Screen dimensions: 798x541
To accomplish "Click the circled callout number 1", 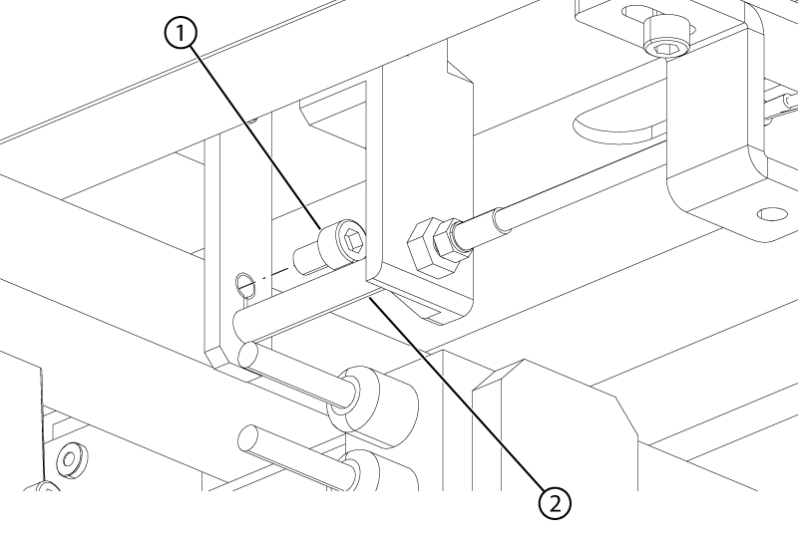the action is (180, 34).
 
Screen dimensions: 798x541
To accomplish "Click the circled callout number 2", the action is (555, 504).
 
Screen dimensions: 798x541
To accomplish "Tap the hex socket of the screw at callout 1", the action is (354, 238).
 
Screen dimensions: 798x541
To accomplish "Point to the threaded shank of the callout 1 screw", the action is (306, 259).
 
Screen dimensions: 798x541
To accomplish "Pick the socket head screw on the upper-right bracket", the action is (666, 36).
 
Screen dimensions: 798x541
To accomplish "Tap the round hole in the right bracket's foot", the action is (772, 214).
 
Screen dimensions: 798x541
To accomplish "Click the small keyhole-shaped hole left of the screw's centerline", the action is (245, 284).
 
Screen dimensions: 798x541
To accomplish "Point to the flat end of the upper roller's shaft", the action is (249, 355).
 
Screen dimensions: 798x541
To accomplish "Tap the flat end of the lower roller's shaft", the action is (249, 438).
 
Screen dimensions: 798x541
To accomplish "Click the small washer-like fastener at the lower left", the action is (69, 458).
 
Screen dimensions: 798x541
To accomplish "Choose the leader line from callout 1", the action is (255, 137).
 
